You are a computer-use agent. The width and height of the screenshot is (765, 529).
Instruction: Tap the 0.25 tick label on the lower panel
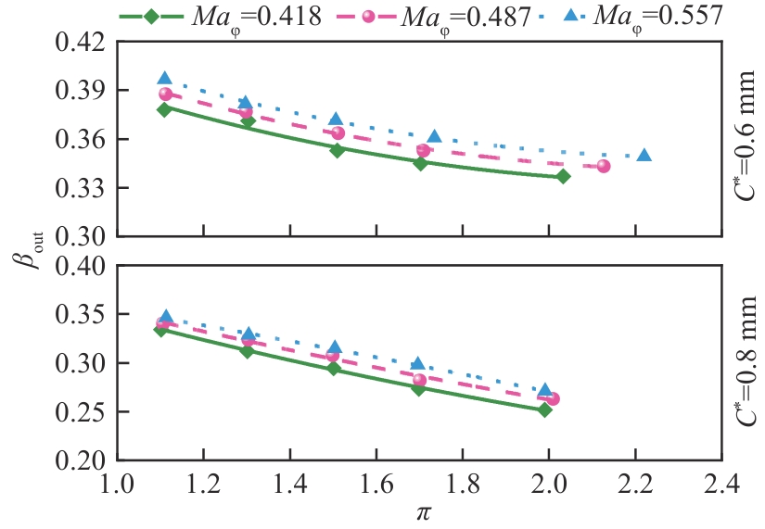point(82,411)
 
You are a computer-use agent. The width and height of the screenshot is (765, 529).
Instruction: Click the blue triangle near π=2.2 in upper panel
point(644,156)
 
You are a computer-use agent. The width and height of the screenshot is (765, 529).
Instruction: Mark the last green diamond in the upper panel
point(563,176)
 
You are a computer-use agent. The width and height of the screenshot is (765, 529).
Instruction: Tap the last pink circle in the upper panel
point(604,166)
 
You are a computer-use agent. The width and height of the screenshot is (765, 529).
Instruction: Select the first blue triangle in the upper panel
point(165,79)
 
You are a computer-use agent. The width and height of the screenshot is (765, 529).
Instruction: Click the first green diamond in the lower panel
point(161,329)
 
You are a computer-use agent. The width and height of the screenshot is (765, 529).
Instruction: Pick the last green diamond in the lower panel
point(544,409)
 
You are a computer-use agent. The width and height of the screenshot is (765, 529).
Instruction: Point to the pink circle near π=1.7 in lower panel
point(419,380)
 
